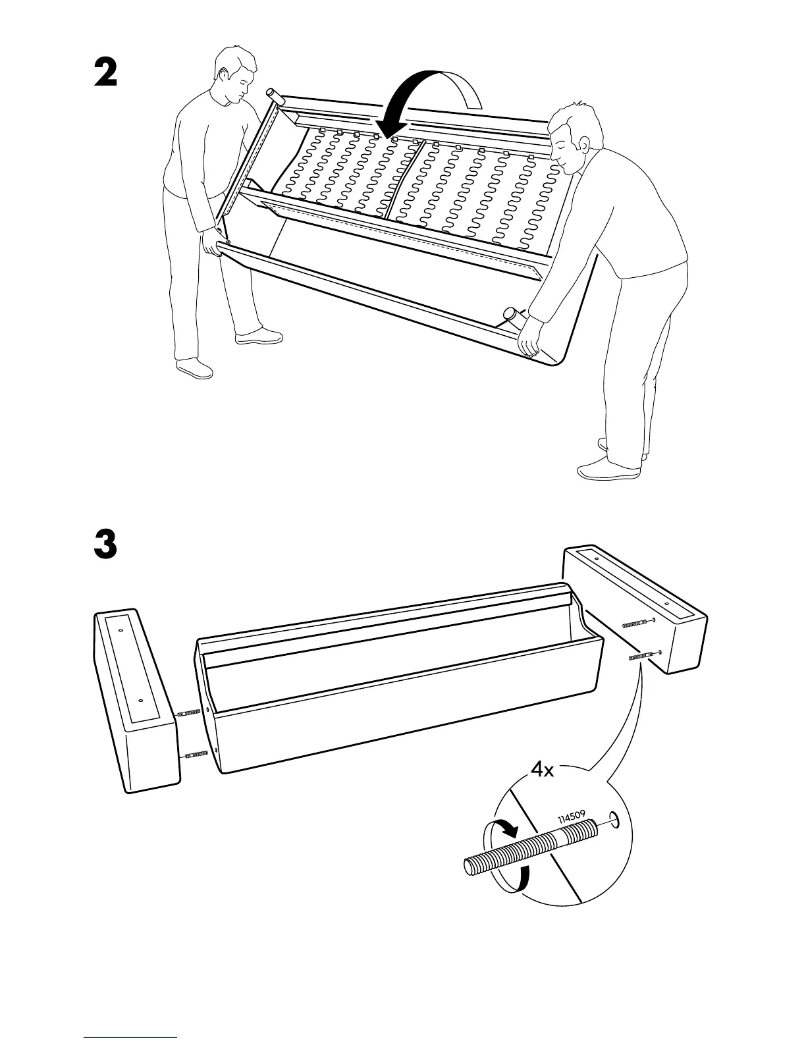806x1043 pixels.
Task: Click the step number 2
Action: (105, 72)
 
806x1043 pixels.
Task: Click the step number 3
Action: (105, 545)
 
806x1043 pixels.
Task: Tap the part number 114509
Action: (572, 816)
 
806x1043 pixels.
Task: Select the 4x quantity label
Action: (543, 770)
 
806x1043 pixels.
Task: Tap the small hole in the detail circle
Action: (613, 820)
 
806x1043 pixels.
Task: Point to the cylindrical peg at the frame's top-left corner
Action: (273, 97)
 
